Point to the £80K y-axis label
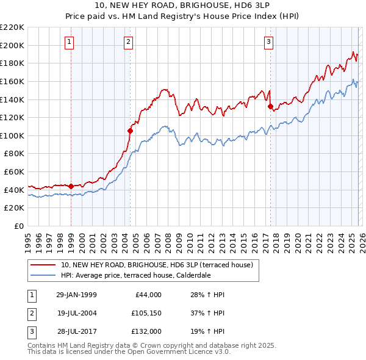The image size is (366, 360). [14, 154]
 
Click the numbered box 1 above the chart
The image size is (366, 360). [70, 42]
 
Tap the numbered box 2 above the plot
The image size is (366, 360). [129, 42]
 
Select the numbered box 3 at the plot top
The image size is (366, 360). [269, 42]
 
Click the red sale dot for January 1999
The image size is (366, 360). [71, 186]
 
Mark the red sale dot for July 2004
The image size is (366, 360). [130, 131]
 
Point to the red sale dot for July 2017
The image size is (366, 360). [270, 106]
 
